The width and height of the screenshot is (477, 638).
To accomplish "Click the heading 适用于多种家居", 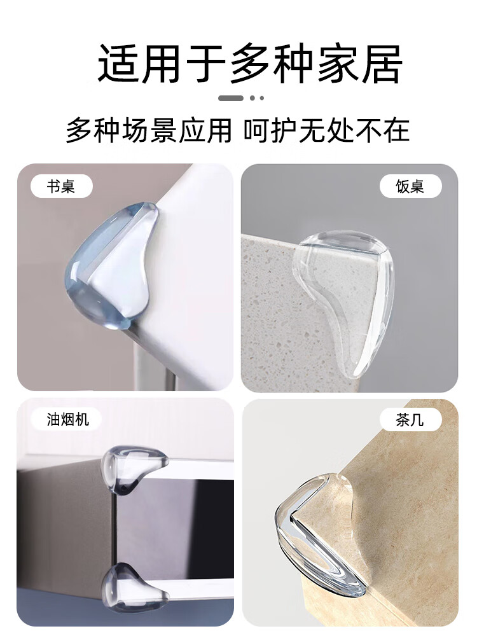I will click(x=250, y=64).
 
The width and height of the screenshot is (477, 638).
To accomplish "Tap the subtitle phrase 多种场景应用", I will click(x=149, y=130).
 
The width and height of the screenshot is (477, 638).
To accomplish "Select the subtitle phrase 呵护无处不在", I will click(x=327, y=130).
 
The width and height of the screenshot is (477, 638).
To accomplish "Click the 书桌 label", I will click(x=62, y=186).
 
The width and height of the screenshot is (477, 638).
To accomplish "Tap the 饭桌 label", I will click(x=410, y=186).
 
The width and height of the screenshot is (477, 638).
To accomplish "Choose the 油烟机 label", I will click(x=68, y=420).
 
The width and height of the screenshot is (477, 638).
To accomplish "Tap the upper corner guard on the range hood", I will click(x=132, y=468).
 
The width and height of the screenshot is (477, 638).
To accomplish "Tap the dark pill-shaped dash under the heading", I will click(x=231, y=98).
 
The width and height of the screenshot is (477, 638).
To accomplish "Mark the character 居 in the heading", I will click(x=380, y=64).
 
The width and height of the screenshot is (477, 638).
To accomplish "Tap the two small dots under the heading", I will click(x=257, y=98).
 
